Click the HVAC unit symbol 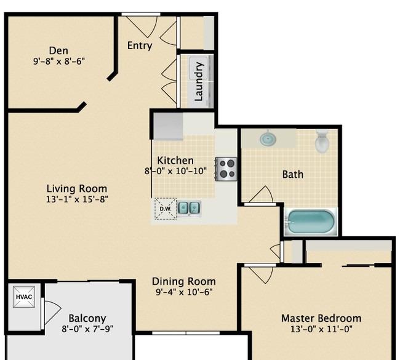[x=24, y=297]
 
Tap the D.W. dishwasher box [x=166, y=209]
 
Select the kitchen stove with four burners [x=226, y=169]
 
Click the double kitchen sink [x=189, y=208]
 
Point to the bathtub [x=311, y=222]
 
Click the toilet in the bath [x=322, y=142]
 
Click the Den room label [x=58, y=50]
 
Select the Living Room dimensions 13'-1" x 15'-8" [x=77, y=199]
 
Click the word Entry [x=140, y=46]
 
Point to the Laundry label [x=199, y=82]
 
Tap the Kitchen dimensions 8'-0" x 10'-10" [x=175, y=170]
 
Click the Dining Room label [x=183, y=281]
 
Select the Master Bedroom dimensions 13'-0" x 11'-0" [x=321, y=329]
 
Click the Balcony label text [x=87, y=318]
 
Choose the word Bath [x=293, y=175]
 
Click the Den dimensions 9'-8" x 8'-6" [x=59, y=62]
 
